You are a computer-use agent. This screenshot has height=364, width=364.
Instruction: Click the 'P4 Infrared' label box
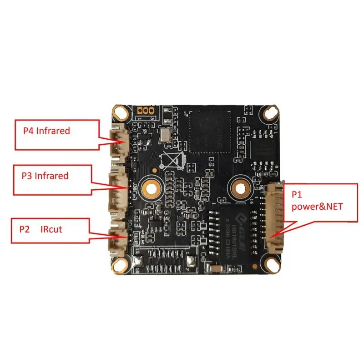tap(57, 135)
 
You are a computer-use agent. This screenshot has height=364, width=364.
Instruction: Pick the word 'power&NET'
tap(317, 206)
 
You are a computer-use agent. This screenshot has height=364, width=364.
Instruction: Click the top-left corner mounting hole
tap(121, 111)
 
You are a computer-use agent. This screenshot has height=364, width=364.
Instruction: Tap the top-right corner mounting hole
tap(272, 111)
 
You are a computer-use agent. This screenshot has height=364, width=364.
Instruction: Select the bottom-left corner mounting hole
tap(121, 263)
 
